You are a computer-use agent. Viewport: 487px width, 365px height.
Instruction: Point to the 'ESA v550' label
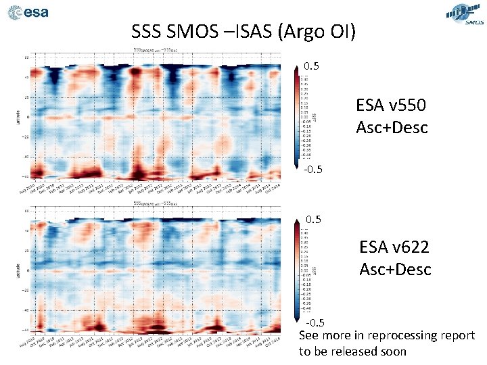392,106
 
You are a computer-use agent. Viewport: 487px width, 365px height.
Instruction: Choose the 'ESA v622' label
395,248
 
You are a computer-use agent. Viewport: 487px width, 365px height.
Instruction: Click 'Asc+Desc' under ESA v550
392,127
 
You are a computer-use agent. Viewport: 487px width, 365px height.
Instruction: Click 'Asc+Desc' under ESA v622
395,269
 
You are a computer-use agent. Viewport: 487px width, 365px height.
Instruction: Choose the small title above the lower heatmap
156,202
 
